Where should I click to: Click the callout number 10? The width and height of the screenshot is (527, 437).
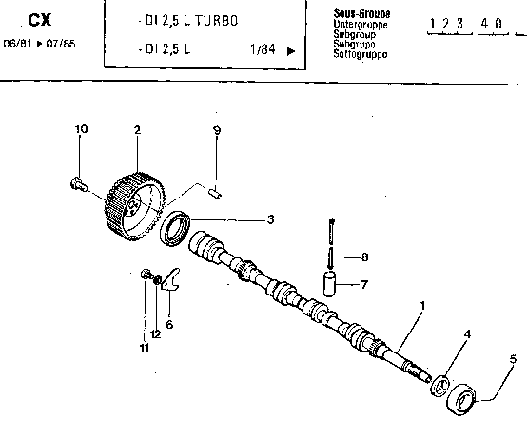click(81, 129)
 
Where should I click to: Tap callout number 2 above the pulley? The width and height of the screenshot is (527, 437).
click(137, 130)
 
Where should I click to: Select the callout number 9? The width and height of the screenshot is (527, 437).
click(217, 130)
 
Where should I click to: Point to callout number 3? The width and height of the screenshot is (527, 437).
click(270, 219)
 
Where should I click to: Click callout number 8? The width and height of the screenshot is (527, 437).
click(364, 257)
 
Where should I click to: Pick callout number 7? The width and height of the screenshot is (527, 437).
click(364, 285)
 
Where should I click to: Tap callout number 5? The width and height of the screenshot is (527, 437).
click(513, 359)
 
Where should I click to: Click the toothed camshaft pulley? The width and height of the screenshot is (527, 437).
click(134, 207)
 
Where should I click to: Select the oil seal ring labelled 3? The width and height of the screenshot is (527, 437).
click(175, 228)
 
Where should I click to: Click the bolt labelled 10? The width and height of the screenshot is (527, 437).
click(78, 184)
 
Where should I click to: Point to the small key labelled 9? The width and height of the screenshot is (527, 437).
click(215, 194)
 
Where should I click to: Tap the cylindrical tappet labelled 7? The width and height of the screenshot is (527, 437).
click(329, 284)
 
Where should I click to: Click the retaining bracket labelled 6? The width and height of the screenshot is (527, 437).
click(171, 279)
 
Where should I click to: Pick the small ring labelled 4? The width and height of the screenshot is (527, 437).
click(440, 386)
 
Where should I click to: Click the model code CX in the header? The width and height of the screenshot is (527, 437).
click(40, 20)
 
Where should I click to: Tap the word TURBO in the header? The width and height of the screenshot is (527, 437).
click(216, 21)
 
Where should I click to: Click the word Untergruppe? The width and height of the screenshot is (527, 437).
click(361, 25)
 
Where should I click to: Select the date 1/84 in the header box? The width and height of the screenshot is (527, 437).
click(263, 49)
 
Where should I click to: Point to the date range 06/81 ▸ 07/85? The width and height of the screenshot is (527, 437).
click(39, 44)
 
